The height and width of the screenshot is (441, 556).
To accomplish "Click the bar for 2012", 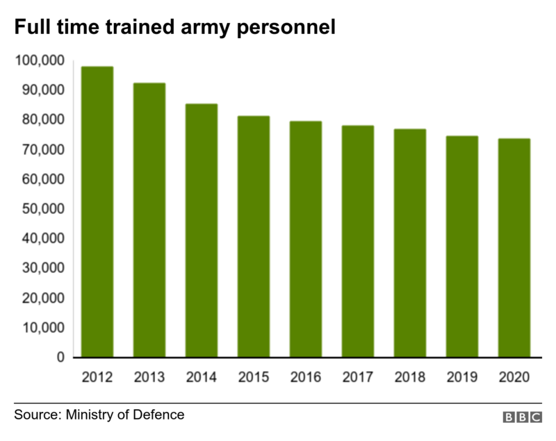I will (97, 212).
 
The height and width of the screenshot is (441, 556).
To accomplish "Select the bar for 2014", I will (202, 231).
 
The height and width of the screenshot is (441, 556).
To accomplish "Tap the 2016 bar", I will (306, 239).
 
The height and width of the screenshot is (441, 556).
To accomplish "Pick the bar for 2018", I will (410, 243).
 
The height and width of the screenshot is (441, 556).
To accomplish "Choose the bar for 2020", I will (514, 248).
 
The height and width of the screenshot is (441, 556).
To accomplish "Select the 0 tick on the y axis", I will (60, 357).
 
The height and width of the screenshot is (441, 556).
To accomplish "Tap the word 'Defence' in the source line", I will (159, 415).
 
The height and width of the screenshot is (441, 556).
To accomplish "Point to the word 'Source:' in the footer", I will (38, 415).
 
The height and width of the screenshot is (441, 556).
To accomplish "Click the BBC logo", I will (523, 417).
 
